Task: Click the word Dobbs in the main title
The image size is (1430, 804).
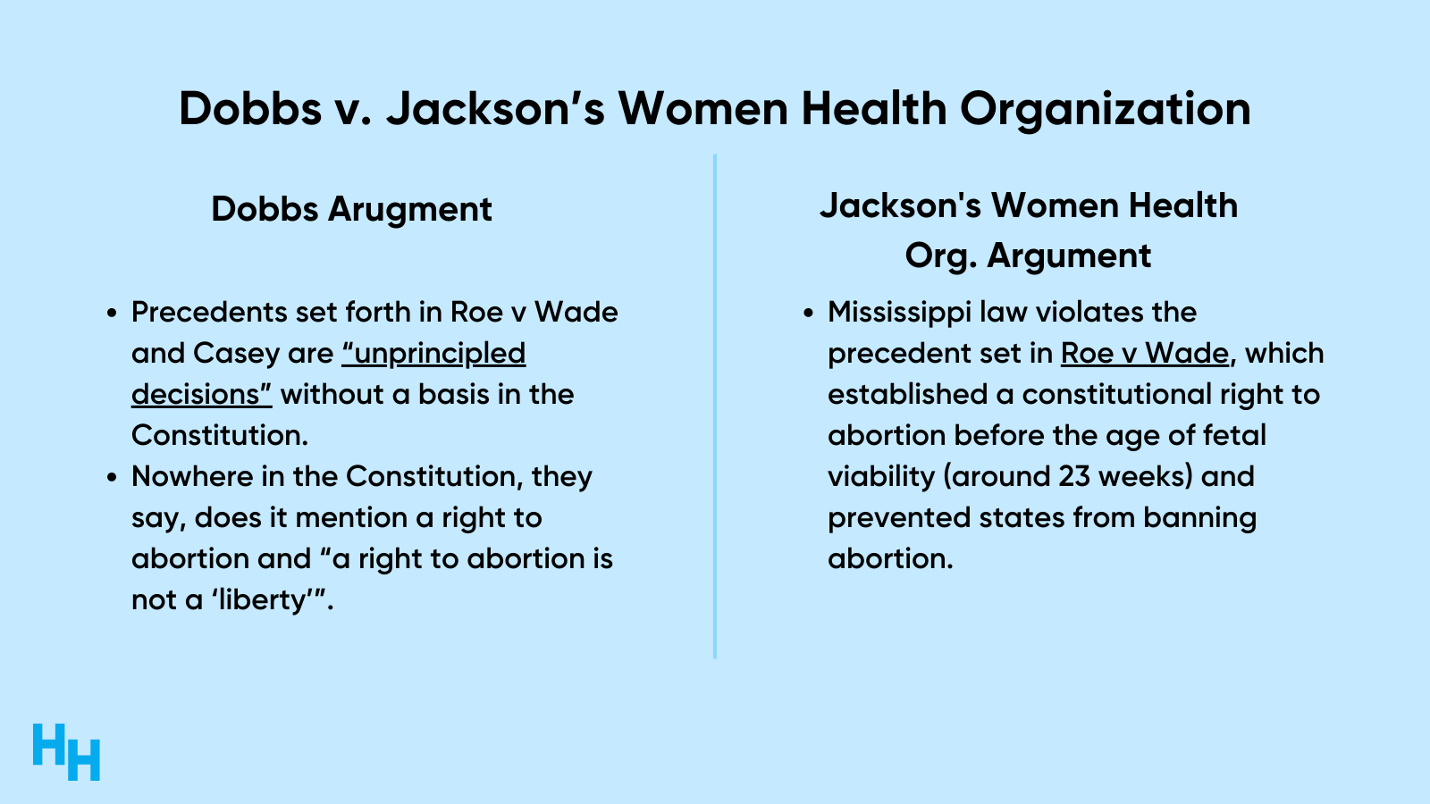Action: click(250, 108)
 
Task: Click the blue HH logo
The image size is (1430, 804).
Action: click(66, 751)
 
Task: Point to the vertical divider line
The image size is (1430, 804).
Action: click(714, 406)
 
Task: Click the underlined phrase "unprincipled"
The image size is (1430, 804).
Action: click(434, 354)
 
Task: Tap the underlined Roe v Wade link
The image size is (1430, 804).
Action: click(1145, 353)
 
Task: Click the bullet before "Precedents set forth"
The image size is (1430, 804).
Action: click(113, 314)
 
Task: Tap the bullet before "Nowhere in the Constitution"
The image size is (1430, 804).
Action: click(113, 477)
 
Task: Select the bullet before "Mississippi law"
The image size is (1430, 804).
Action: click(809, 314)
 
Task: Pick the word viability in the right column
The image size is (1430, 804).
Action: click(881, 477)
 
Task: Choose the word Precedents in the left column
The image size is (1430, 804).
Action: click(209, 313)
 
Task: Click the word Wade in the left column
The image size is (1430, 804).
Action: click(576, 313)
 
